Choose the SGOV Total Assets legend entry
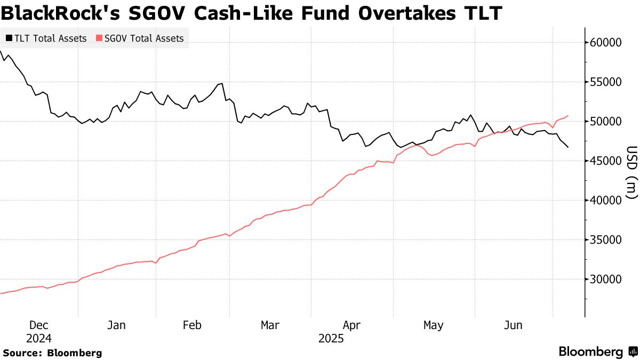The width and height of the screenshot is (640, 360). tap(140, 38)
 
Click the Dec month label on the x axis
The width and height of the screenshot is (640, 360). tap(38, 325)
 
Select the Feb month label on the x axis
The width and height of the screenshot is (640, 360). tap(193, 325)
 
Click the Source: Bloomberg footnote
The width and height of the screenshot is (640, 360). tap(52, 353)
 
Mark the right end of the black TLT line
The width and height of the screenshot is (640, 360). tap(568, 147)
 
